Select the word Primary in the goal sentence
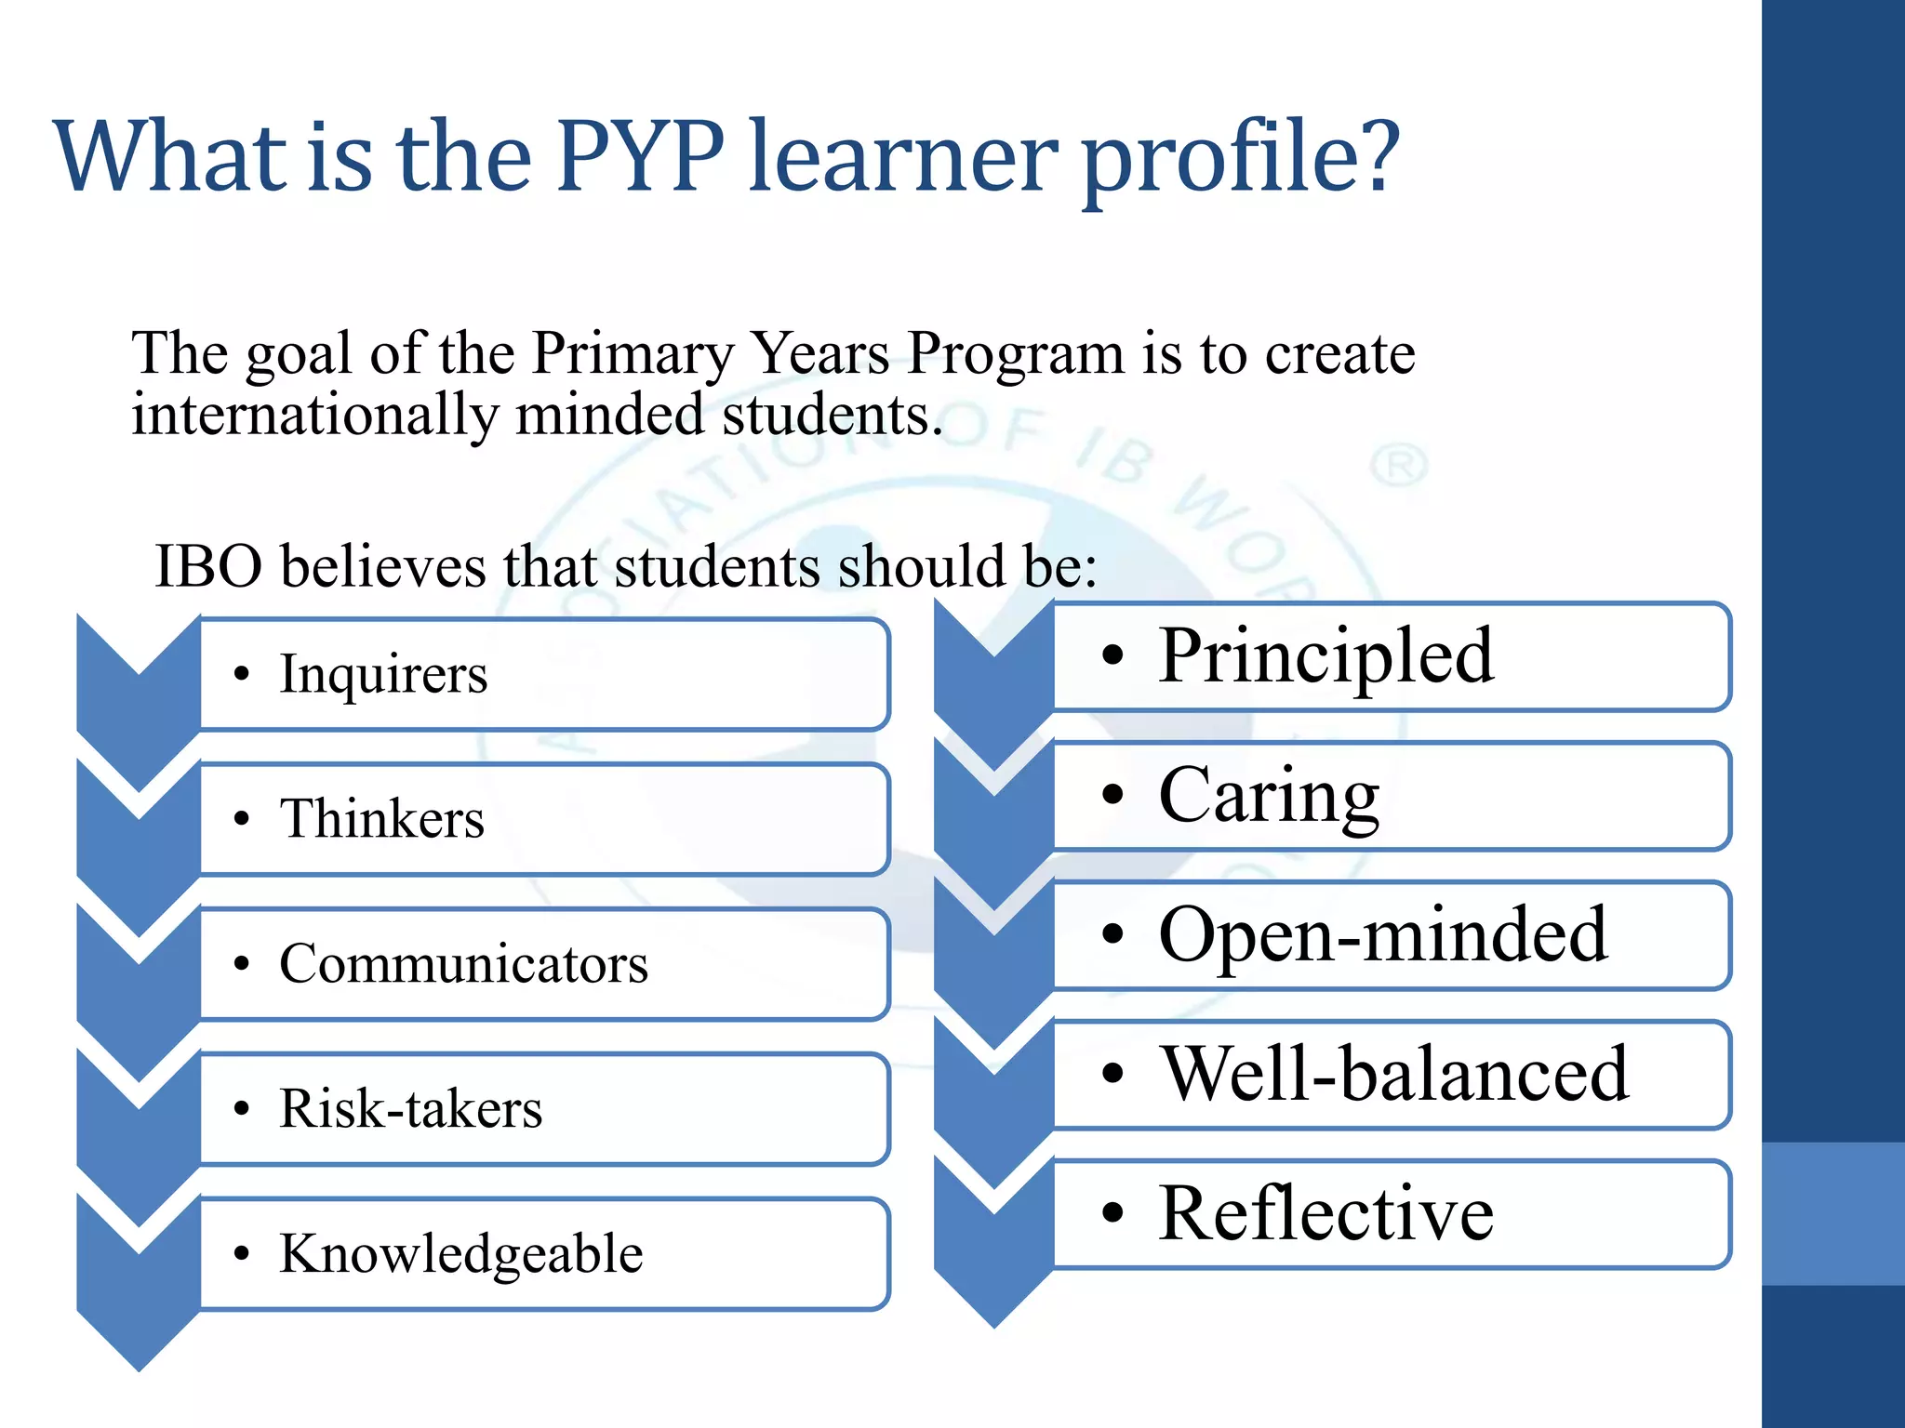(x=633, y=355)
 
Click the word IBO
(x=208, y=567)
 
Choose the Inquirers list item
(x=383, y=674)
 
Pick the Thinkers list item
(x=382, y=819)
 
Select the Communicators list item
(x=463, y=964)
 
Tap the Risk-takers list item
(x=410, y=1109)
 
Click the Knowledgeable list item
(x=461, y=1254)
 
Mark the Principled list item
(x=1326, y=657)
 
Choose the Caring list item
(x=1269, y=797)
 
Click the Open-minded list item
(x=1382, y=935)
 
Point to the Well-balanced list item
(x=1395, y=1075)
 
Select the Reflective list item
(x=1326, y=1214)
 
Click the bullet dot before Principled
(x=1112, y=655)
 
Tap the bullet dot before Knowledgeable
(x=242, y=1254)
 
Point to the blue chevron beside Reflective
(x=993, y=1236)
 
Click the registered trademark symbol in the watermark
(x=1398, y=465)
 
